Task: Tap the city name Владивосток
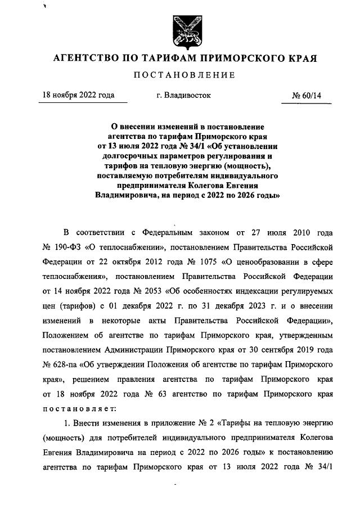(x=184, y=96)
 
